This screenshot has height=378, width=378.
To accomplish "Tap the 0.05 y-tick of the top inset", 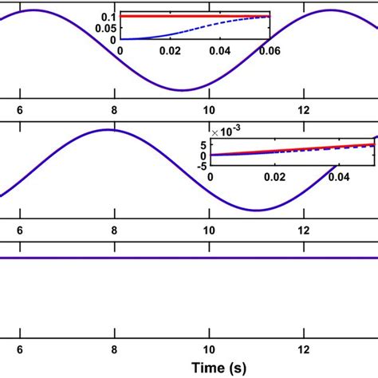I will (x=104, y=28).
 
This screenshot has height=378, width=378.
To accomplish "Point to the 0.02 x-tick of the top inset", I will (x=170, y=49).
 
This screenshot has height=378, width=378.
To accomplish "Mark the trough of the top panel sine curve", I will (x=183, y=89).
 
